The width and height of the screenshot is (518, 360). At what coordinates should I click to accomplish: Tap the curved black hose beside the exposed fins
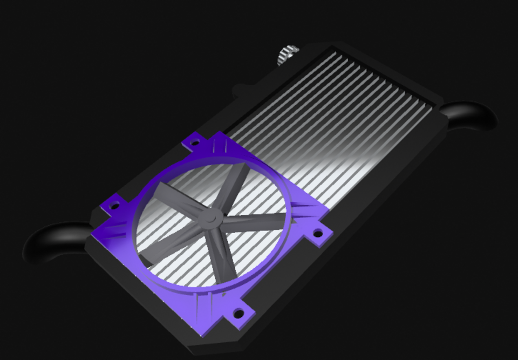pos(472,115)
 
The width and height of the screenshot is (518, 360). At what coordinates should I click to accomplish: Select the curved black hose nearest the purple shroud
pos(51,243)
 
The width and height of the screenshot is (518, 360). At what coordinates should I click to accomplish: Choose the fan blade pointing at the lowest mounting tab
pos(224,253)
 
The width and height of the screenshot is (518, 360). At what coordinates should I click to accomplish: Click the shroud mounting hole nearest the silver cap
pos(195,143)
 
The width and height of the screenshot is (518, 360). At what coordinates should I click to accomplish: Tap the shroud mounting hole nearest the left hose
pos(114,205)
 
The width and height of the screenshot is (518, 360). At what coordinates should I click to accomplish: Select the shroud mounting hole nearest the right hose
pos(318,233)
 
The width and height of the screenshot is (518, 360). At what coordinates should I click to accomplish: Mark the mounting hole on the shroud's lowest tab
pos(237,313)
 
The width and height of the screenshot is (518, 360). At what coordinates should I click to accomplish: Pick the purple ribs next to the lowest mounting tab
pos(210,308)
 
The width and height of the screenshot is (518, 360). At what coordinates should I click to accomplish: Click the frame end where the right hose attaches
pos(437,116)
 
